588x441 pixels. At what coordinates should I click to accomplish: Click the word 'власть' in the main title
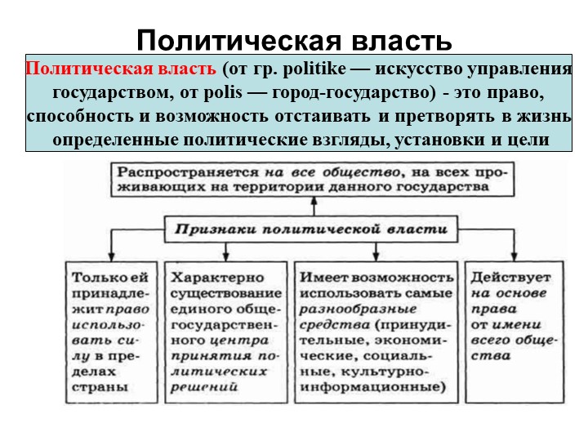pyautogui.click(x=402, y=40)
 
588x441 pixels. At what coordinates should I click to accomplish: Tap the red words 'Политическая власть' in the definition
pyautogui.click(x=121, y=69)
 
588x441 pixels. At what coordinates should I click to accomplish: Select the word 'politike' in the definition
pyautogui.click(x=314, y=69)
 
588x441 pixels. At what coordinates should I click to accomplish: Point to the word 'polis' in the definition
pyautogui.click(x=223, y=92)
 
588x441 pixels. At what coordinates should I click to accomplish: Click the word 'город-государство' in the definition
pyautogui.click(x=354, y=92)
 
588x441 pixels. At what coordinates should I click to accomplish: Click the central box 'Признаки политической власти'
pyautogui.click(x=311, y=229)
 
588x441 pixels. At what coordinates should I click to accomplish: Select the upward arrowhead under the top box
pyautogui.click(x=314, y=201)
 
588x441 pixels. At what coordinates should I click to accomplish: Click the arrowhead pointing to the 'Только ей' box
pyautogui.click(x=111, y=256)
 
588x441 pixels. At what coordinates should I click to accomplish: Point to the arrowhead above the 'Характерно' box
pyautogui.click(x=225, y=256)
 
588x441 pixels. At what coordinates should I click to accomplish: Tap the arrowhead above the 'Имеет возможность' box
pyautogui.click(x=376, y=256)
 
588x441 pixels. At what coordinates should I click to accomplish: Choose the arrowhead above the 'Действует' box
pyautogui.click(x=514, y=256)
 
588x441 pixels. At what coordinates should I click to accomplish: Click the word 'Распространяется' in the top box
pyautogui.click(x=189, y=173)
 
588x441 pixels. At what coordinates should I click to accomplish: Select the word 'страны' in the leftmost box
pyautogui.click(x=100, y=388)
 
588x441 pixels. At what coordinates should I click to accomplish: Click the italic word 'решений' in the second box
pyautogui.click(x=204, y=387)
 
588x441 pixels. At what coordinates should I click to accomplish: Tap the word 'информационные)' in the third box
pyautogui.click(x=372, y=387)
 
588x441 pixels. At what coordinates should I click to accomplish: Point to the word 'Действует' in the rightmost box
pyautogui.click(x=510, y=278)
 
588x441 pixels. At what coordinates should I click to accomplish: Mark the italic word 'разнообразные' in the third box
pyautogui.click(x=359, y=310)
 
